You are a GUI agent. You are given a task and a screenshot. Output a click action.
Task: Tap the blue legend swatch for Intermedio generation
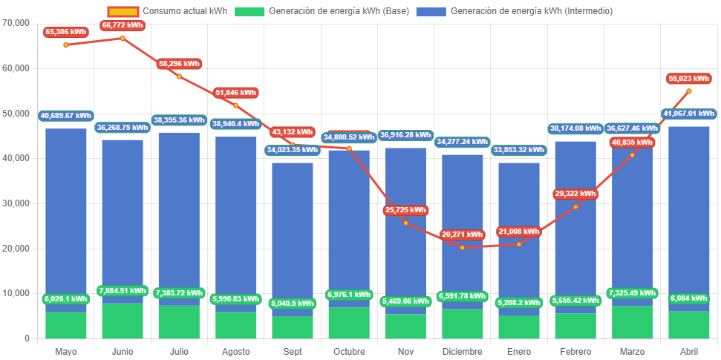click(431, 11)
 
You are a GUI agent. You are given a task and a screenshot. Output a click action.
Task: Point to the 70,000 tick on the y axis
click(16, 23)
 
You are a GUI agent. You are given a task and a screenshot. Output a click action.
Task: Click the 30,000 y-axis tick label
click(16, 203)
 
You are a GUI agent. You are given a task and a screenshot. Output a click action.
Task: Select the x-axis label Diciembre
click(462, 351)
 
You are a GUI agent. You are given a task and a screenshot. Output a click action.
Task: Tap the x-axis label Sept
click(292, 351)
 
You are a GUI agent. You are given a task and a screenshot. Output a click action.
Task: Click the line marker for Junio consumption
click(123, 38)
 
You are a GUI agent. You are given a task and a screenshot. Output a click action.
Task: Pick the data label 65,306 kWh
click(65, 32)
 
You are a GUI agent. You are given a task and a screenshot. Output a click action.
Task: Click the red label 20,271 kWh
click(462, 235)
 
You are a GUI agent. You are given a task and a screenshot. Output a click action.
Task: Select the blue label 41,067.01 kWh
click(688, 114)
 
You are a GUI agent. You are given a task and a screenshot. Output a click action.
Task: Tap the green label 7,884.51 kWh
click(122, 290)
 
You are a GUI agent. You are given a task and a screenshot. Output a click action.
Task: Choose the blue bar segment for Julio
click(179, 215)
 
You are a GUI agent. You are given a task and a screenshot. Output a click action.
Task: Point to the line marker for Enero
click(518, 244)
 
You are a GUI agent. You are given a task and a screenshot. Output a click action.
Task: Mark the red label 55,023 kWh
click(688, 78)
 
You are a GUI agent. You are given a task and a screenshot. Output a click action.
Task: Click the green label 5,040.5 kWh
click(292, 303)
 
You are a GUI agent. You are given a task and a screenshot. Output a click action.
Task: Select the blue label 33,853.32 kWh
click(518, 149)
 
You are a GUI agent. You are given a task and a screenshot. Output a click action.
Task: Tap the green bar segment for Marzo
click(632, 321)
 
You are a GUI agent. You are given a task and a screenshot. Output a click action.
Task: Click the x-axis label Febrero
click(575, 351)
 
